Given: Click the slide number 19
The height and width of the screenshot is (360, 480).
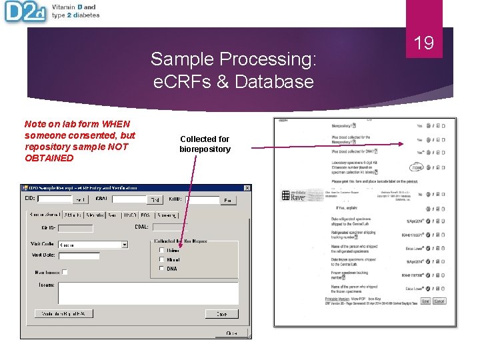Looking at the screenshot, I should click(424, 44).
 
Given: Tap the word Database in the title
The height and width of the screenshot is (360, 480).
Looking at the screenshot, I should click(280, 82).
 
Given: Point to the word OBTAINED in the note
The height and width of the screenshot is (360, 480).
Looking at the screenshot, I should click(49, 158).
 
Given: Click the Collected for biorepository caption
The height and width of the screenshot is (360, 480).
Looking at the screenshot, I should click(205, 144).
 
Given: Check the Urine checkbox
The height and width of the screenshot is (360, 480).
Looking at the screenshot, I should click(162, 251).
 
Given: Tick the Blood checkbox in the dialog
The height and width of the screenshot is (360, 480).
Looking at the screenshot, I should click(162, 259).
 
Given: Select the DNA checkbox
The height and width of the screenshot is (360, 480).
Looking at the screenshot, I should click(162, 269).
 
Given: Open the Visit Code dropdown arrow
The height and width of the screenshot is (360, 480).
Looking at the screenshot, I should click(124, 245).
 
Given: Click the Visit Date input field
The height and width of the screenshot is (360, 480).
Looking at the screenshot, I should click(79, 255).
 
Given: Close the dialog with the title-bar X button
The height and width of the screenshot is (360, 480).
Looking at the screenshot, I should click(247, 188).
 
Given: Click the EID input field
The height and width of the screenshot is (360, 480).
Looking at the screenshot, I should click(53, 199).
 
